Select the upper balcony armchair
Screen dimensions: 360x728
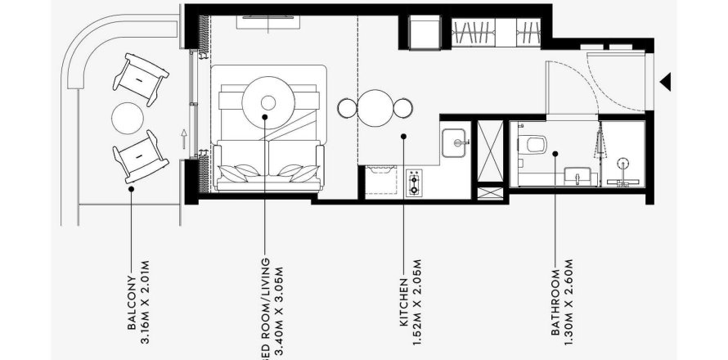pos(142,78)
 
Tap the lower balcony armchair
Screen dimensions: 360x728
pos(141,155)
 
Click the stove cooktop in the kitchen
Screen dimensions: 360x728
pos(414,182)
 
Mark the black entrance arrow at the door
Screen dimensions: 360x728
pos(666,80)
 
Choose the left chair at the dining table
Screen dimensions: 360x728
pos(346,107)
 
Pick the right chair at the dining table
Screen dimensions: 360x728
pos(403,107)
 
